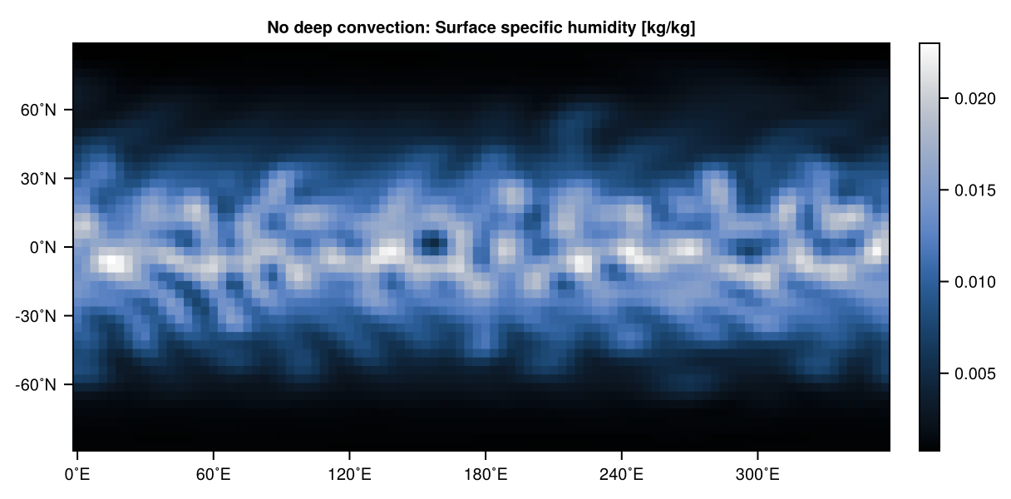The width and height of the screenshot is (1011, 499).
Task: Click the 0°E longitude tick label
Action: click(x=77, y=477)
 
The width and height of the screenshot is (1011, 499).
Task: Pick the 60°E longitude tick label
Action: click(x=214, y=477)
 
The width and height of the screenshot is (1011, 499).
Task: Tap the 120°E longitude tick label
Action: click(x=349, y=477)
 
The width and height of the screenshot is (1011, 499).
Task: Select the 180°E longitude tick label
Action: click(x=486, y=477)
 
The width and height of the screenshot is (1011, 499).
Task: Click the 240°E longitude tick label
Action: click(x=622, y=477)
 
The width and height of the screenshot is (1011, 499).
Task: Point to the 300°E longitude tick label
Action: click(x=757, y=477)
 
